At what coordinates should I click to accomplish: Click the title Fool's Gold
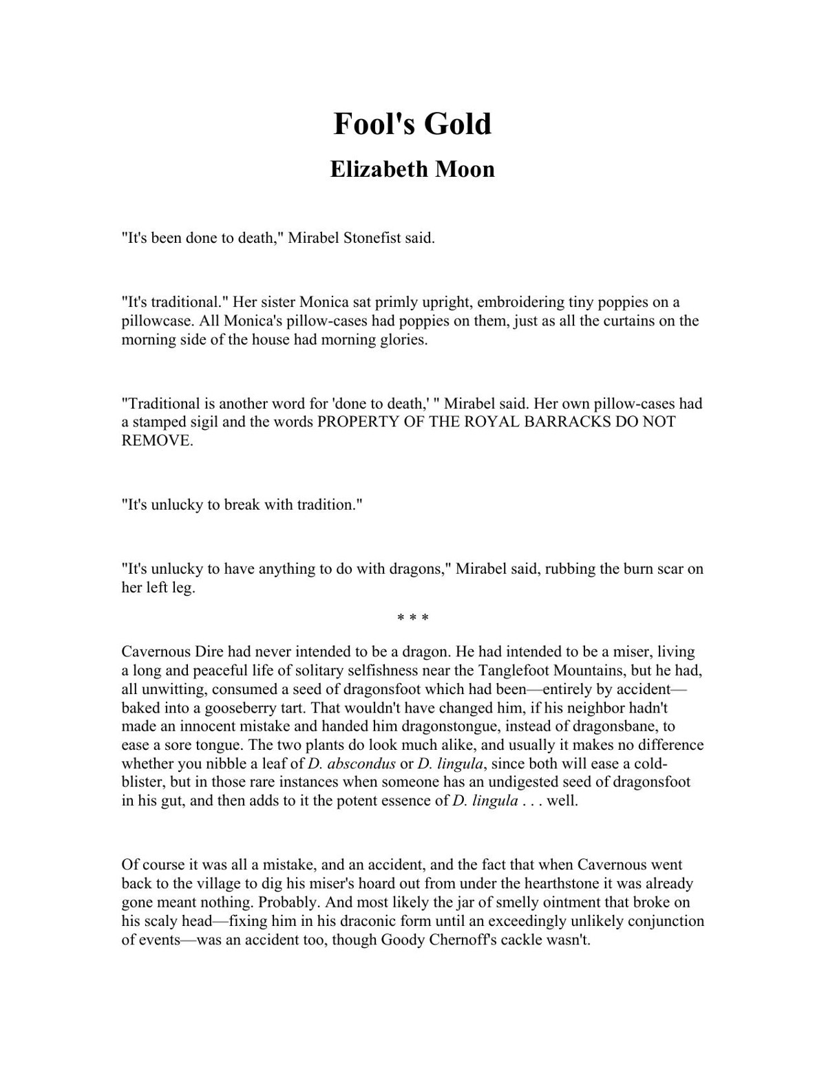tap(412, 124)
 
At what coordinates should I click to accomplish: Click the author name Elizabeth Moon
tap(412, 169)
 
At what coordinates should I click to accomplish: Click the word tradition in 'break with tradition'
tap(326, 505)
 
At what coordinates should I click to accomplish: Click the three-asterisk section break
tap(412, 618)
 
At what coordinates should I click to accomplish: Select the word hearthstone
tap(572, 883)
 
